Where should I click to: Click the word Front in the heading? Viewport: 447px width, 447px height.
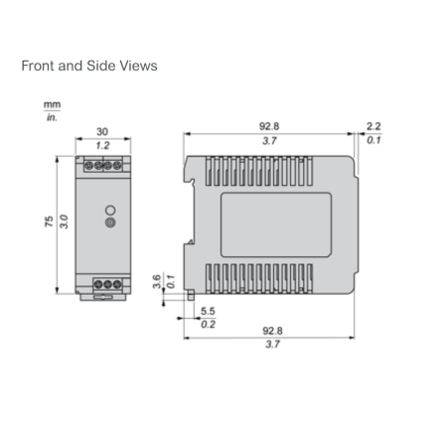tap(38, 66)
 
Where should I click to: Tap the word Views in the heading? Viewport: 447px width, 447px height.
tap(138, 66)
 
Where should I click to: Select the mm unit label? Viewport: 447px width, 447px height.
tap(52, 105)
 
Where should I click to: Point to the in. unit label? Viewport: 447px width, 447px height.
tap(52, 117)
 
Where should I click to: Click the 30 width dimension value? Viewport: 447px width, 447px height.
tap(102, 131)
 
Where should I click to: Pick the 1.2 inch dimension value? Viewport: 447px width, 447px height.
tap(102, 145)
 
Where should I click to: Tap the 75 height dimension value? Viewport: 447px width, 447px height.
tap(49, 222)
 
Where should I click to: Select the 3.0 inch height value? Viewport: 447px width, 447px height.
tap(64, 222)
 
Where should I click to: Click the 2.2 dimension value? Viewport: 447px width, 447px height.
tap(373, 126)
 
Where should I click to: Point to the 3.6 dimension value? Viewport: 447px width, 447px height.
tap(157, 281)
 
